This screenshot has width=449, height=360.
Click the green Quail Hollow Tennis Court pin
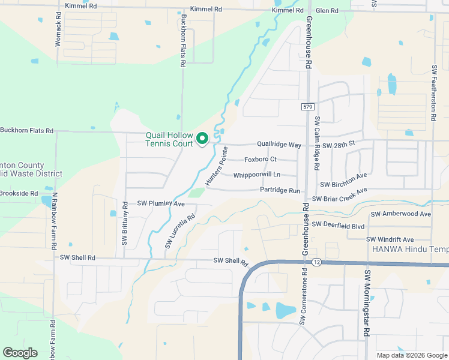(202, 139)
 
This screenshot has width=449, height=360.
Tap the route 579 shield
(307, 106)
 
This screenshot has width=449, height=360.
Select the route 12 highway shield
(316, 263)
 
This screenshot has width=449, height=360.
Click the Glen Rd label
(327, 11)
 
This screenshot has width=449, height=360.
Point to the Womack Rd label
(59, 32)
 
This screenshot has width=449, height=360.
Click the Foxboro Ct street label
(260, 160)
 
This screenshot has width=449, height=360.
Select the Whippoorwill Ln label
(257, 175)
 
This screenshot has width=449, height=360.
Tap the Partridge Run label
(280, 190)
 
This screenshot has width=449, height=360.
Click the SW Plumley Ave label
(161, 204)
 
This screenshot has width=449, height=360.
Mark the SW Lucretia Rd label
(180, 232)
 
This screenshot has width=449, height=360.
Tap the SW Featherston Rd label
(433, 93)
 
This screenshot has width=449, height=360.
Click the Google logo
(20, 353)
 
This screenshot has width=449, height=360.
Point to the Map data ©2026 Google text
(411, 355)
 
